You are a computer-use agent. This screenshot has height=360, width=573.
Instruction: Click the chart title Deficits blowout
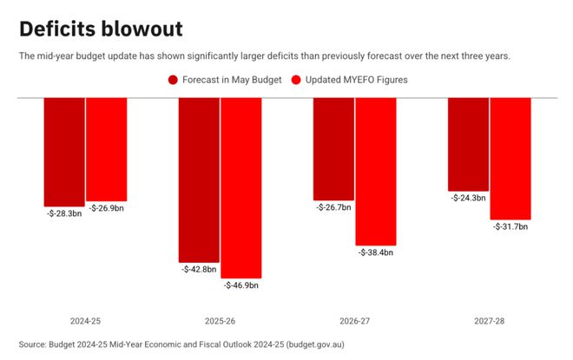(101, 29)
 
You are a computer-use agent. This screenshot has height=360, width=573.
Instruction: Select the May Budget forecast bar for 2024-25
(64, 151)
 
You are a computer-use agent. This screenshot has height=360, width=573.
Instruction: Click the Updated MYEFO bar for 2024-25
(107, 148)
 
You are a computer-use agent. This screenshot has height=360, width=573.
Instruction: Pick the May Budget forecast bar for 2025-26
(199, 179)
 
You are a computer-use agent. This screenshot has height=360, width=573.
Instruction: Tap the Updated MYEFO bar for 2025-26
(241, 187)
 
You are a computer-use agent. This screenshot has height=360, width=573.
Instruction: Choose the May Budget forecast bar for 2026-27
(333, 148)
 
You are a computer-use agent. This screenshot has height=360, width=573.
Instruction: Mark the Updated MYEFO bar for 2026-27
(376, 171)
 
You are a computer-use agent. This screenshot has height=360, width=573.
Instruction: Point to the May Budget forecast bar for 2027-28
(468, 143)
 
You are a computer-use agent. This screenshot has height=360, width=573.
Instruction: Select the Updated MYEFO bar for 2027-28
(510, 158)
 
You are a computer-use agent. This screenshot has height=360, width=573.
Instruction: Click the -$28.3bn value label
(63, 213)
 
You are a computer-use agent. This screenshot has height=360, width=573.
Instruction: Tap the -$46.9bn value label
(241, 285)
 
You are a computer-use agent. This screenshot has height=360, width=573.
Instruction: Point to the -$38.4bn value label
(376, 252)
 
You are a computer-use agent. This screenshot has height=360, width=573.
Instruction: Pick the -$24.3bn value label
(468, 198)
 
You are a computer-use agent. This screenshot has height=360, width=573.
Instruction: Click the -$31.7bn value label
(510, 226)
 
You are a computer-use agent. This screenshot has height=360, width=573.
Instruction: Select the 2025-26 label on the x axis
(220, 321)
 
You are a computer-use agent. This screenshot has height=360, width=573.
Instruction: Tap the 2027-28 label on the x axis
(489, 321)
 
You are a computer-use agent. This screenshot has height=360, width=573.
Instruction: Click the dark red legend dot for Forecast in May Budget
(173, 80)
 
